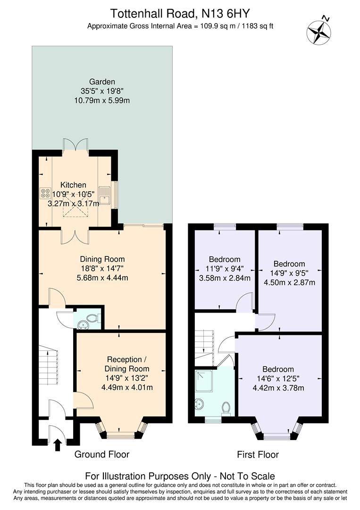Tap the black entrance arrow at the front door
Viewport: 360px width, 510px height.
pyautogui.click(x=58, y=444)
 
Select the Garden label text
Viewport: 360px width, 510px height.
pyautogui.click(x=102, y=81)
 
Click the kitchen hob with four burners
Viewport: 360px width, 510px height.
pyautogui.click(x=46, y=193)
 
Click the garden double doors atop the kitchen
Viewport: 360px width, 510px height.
pyautogui.click(x=75, y=144)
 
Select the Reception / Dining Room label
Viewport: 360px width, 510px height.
pyautogui.click(x=127, y=364)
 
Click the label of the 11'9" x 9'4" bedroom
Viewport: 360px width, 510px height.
pyautogui.click(x=225, y=259)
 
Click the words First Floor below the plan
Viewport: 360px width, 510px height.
pyautogui.click(x=258, y=455)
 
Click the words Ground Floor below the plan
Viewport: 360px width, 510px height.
pyautogui.click(x=102, y=454)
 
